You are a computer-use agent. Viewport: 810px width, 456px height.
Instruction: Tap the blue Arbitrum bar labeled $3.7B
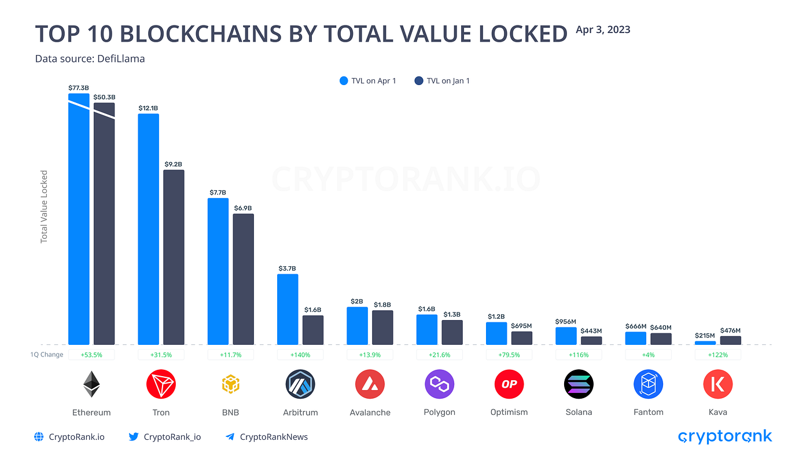coord(288,309)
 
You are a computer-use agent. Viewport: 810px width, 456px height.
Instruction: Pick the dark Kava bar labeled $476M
coord(730,340)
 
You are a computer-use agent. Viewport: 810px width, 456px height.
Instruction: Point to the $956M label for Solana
coord(566,321)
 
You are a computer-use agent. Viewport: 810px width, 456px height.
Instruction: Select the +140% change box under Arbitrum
coord(300,355)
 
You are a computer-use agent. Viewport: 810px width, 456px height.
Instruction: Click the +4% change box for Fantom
coord(648,355)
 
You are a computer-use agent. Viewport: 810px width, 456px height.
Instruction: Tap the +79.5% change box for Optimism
coord(509,355)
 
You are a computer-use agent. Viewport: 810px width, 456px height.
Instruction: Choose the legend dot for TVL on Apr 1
coord(344,81)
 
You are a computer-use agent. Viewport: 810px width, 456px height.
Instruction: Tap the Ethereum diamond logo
coord(91,384)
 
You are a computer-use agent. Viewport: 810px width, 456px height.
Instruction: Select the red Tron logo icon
coord(161,384)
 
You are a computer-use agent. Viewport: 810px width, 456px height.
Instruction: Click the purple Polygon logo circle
coord(439,384)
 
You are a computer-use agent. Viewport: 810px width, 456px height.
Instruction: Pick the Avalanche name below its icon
coord(370,413)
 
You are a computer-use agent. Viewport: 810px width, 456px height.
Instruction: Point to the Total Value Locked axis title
coord(44,207)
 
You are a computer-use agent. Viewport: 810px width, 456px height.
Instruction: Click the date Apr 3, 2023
coord(602,30)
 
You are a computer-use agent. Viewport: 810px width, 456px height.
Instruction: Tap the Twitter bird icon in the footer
coord(134,437)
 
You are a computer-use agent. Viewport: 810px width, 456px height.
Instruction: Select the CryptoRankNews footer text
coord(274,437)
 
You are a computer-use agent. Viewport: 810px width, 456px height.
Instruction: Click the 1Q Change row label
coord(47,355)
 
